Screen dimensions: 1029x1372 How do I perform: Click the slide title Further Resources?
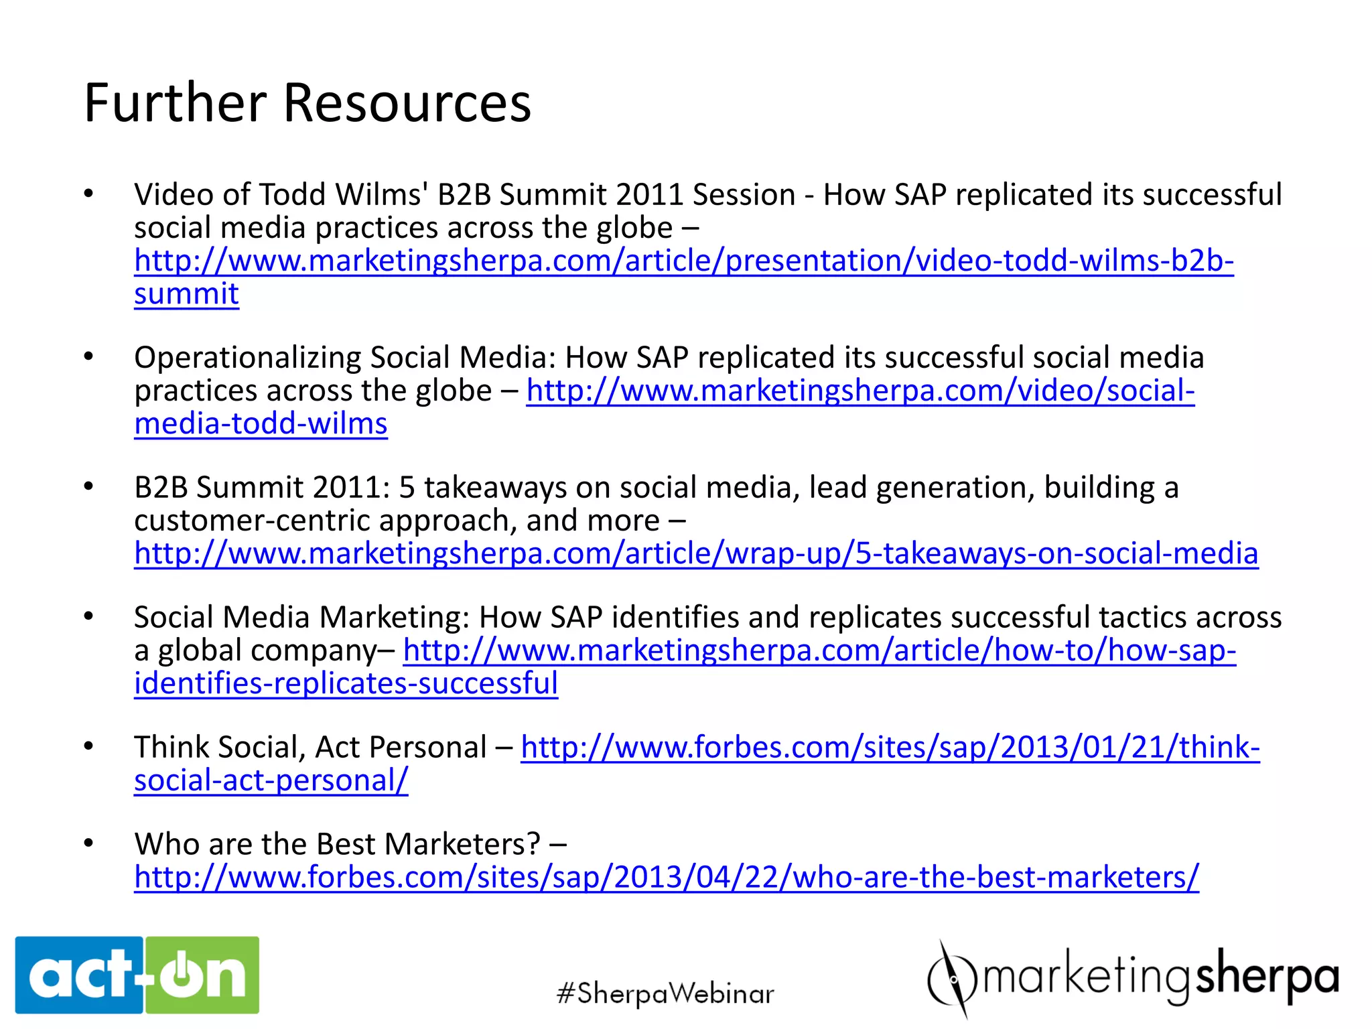click(307, 103)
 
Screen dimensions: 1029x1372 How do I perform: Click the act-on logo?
click(137, 975)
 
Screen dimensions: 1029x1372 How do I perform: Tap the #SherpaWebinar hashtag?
click(665, 993)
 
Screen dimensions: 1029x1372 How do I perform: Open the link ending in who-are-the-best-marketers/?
click(667, 877)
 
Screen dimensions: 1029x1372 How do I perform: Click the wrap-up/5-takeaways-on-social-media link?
click(696, 553)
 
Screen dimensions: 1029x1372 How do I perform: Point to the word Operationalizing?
click(247, 357)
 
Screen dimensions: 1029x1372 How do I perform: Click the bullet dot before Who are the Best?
click(88, 843)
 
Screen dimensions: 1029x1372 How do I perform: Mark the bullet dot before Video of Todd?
click(88, 194)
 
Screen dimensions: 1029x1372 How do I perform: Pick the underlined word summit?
click(186, 293)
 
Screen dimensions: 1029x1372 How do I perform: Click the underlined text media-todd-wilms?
click(261, 423)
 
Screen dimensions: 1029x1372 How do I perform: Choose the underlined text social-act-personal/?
click(271, 780)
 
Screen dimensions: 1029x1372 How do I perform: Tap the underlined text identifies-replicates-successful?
click(346, 683)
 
